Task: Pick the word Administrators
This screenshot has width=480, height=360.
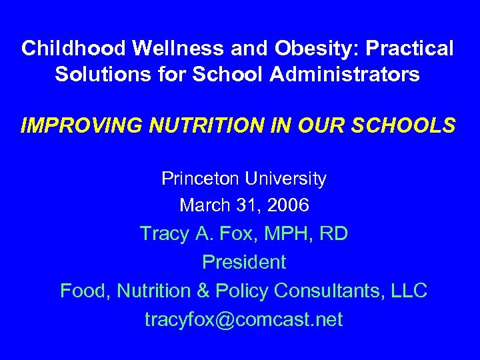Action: coord(345,74)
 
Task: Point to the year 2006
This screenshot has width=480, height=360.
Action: coord(285,205)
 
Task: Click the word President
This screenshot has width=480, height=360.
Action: coord(243,262)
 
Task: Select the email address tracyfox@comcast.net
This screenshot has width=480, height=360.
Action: coord(243,320)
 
